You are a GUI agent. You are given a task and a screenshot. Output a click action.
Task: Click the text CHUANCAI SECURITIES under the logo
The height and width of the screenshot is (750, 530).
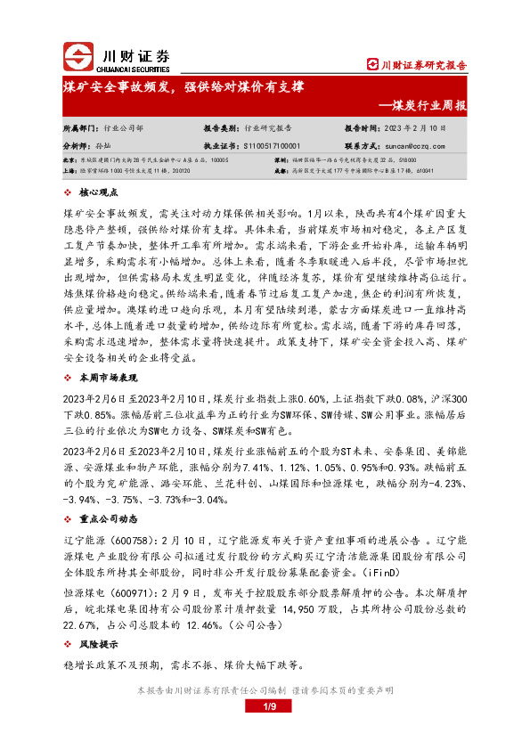click(125, 67)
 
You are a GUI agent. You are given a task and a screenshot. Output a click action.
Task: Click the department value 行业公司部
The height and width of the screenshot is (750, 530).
click(121, 128)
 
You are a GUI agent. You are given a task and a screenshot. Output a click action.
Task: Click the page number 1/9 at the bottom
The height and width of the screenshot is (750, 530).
click(265, 707)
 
